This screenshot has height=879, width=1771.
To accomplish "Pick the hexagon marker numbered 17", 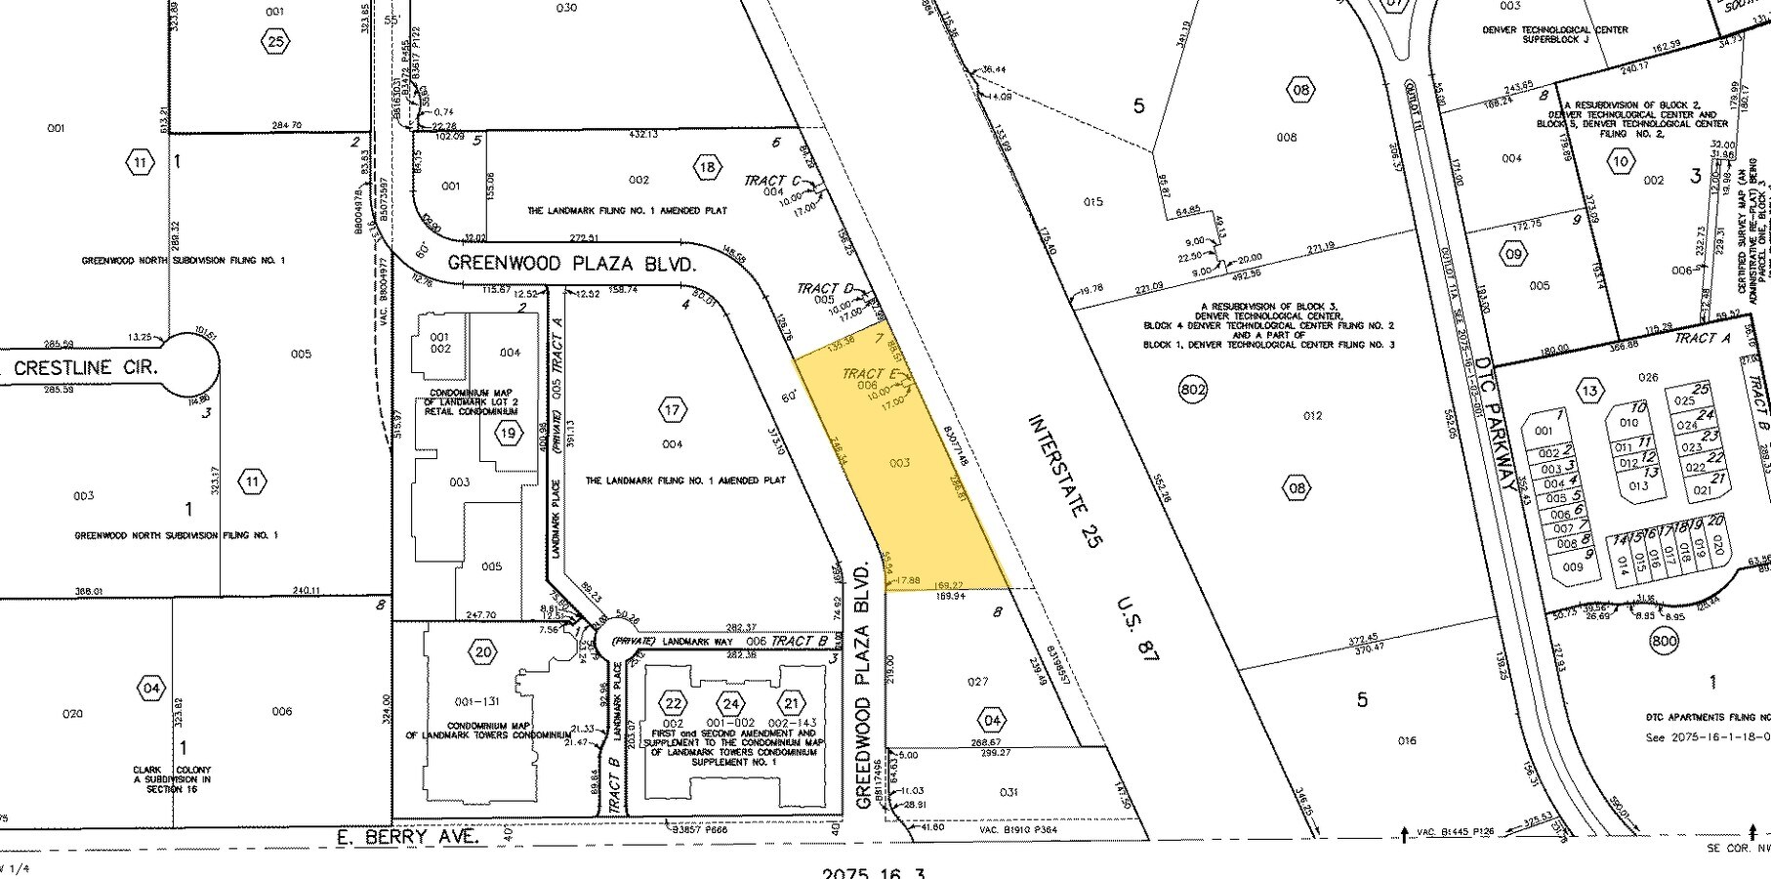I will [672, 410].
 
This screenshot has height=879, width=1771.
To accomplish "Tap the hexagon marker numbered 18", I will [708, 167].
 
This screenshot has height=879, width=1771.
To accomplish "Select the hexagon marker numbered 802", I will [1193, 390].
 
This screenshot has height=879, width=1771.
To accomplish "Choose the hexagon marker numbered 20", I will [482, 652].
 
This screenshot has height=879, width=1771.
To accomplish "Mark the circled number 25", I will [274, 40].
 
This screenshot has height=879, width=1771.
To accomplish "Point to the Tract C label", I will [771, 181].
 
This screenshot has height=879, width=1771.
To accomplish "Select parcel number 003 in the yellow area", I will [899, 463].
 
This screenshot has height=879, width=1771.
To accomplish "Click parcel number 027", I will [977, 682].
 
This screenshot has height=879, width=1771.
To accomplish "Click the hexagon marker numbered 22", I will [673, 703].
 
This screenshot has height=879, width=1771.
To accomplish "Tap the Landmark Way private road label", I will [683, 642].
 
